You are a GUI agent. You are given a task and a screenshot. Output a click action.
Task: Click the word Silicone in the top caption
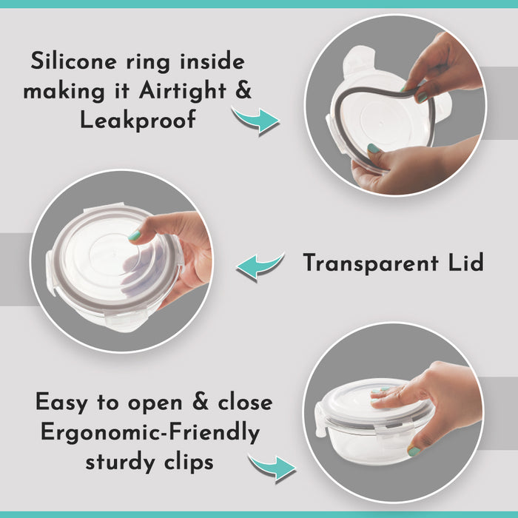tap(74, 61)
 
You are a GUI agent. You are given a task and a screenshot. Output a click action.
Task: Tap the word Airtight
tap(182, 90)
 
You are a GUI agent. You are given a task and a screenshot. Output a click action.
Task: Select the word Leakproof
tap(138, 120)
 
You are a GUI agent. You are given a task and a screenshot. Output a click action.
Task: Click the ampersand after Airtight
tap(243, 90)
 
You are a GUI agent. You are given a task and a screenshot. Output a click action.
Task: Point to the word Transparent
tap(371, 263)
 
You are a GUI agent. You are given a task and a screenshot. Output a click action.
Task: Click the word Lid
tap(465, 262)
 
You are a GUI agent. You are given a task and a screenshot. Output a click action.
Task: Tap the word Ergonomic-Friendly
tap(150, 432)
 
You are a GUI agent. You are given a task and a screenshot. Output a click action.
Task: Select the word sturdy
tap(121, 462)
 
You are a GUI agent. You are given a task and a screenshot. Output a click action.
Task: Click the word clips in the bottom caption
tap(189, 462)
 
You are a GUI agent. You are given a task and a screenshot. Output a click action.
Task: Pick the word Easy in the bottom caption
tap(61, 403)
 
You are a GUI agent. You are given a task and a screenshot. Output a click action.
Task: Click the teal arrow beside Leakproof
tap(256, 120)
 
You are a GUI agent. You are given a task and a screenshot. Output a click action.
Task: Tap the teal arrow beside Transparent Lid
tap(260, 266)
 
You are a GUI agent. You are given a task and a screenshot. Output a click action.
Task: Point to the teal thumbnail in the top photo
tap(374, 148)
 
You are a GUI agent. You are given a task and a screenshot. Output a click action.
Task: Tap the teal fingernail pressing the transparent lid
tap(135, 235)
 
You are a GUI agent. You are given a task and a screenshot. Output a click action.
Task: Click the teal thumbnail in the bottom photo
tap(414, 451)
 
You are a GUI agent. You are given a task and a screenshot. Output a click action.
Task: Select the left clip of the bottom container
tap(320, 421)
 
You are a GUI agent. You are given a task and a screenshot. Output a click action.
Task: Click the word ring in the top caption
tap(148, 62)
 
